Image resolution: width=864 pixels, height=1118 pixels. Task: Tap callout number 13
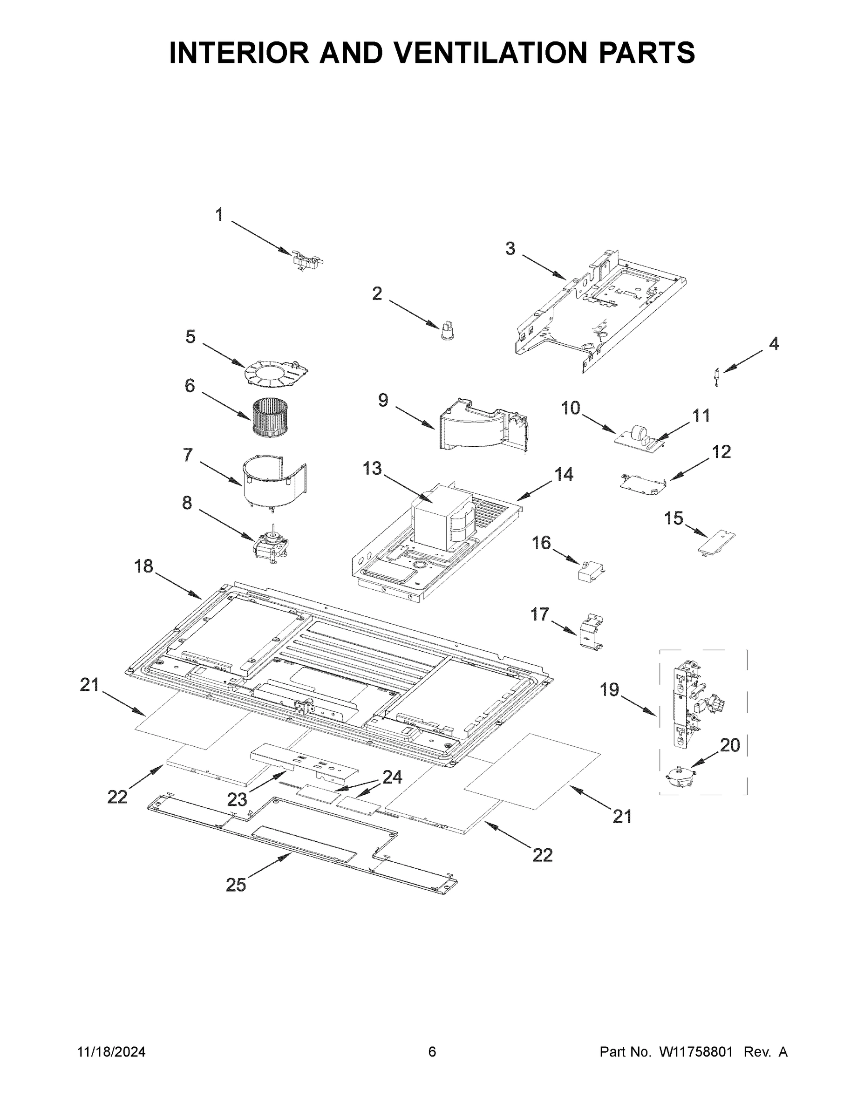click(x=372, y=468)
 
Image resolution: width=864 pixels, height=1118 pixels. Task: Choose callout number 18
click(x=144, y=566)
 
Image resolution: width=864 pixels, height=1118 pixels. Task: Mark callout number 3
click(x=510, y=249)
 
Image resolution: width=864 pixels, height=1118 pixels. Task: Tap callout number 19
click(x=610, y=690)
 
